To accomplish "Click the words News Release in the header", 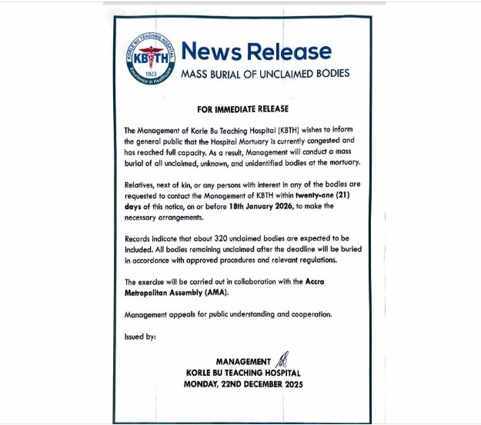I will pyautogui.click(x=256, y=52).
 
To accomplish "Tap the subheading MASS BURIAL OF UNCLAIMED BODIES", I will pyautogui.click(x=265, y=74).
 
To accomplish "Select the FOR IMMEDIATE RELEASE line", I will pyautogui.click(x=241, y=110).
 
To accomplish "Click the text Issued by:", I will pyautogui.click(x=139, y=337).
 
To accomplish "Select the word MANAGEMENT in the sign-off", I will pyautogui.click(x=243, y=361).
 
